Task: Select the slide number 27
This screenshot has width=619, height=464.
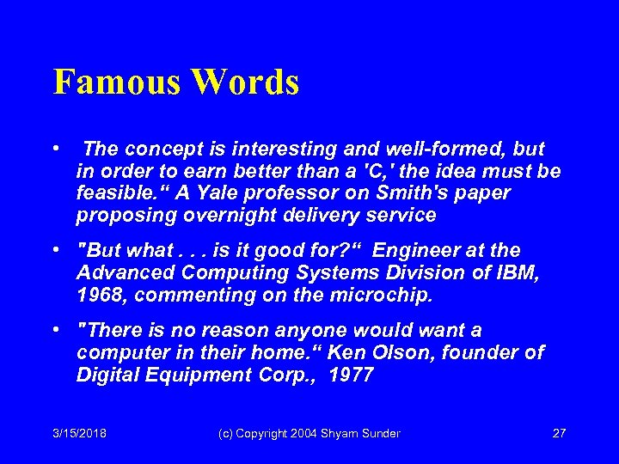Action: (x=559, y=433)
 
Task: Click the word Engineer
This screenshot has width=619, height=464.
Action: (x=417, y=250)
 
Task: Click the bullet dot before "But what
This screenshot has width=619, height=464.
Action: (x=55, y=250)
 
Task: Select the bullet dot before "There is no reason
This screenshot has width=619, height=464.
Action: (x=55, y=329)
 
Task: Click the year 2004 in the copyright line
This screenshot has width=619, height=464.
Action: (x=293, y=433)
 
